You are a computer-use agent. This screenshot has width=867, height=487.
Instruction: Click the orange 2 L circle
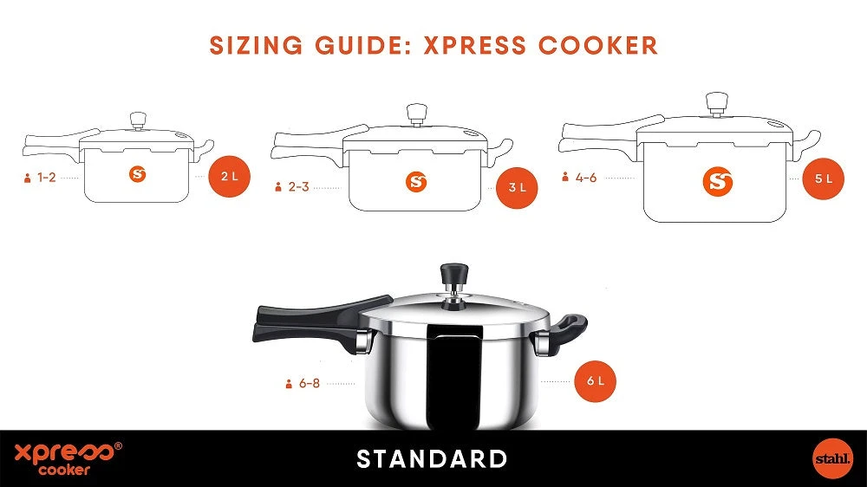click(x=230, y=177)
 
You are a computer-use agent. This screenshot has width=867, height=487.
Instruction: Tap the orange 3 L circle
click(x=517, y=187)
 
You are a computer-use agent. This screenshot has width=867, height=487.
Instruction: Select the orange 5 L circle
click(x=824, y=179)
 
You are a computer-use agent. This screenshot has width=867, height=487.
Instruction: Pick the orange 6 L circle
click(x=595, y=381)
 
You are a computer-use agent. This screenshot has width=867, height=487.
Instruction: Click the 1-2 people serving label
click(x=40, y=178)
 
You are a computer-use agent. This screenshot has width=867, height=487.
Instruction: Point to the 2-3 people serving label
click(x=292, y=187)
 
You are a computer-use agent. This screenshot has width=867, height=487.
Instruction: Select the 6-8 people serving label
click(x=303, y=383)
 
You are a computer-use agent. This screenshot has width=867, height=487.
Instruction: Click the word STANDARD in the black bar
click(x=433, y=459)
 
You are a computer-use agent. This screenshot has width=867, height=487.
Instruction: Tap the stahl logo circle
click(x=832, y=458)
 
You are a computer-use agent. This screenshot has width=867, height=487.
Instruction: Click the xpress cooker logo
click(x=68, y=458)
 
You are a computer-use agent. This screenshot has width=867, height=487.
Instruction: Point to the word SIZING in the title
click(x=256, y=45)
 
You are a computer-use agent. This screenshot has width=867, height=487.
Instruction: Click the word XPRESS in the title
click(x=475, y=45)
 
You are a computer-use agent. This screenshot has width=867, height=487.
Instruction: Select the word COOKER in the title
click(x=599, y=45)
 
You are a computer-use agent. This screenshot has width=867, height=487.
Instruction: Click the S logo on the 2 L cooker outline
click(x=138, y=175)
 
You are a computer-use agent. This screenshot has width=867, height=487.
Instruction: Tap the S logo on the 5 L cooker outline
click(x=718, y=181)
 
